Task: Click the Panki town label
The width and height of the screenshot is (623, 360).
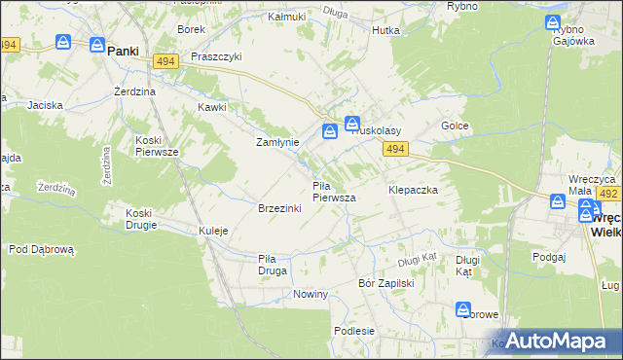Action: point(123,51)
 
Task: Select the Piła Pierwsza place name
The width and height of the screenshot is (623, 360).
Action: point(333,192)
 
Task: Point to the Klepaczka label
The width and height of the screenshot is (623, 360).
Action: point(413,190)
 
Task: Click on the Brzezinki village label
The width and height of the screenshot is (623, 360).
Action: point(278,209)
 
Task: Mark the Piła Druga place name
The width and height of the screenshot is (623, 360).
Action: point(272,265)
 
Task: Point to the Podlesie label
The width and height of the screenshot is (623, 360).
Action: point(354,331)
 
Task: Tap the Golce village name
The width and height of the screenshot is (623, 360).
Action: point(455,126)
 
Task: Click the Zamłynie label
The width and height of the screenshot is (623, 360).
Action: point(276,142)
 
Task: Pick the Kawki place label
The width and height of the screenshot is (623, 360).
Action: point(212,107)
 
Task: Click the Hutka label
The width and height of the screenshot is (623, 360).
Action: point(385,30)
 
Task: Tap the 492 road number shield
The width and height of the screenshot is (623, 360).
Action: point(609,194)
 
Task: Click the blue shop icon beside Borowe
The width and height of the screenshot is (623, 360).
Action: point(463,309)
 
